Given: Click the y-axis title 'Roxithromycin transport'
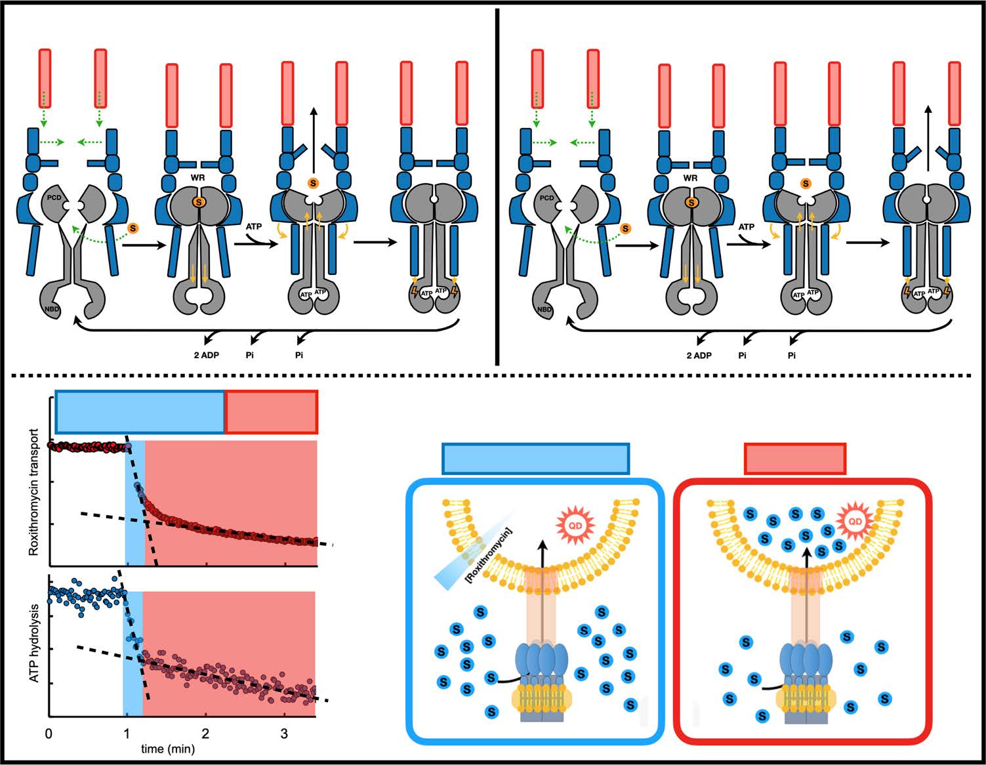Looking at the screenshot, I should (34, 493).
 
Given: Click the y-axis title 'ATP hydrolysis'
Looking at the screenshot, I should (34, 643).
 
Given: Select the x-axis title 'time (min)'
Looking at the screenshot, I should (167, 749).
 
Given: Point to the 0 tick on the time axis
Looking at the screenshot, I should (49, 734).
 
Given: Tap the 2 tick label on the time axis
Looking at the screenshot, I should (205, 734).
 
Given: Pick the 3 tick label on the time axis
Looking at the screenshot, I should (284, 734).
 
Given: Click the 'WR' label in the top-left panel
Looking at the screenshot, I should (197, 178).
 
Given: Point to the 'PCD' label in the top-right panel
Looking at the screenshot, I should (546, 197).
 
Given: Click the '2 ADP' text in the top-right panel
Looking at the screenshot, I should (699, 355).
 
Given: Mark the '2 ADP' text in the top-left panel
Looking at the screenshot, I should (206, 355).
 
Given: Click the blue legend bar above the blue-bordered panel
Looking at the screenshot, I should (536, 458).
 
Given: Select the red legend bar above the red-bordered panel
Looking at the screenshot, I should (795, 458).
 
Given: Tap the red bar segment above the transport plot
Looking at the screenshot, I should (271, 412).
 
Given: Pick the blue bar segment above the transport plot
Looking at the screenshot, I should (140, 412).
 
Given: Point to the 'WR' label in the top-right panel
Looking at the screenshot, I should (690, 178).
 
